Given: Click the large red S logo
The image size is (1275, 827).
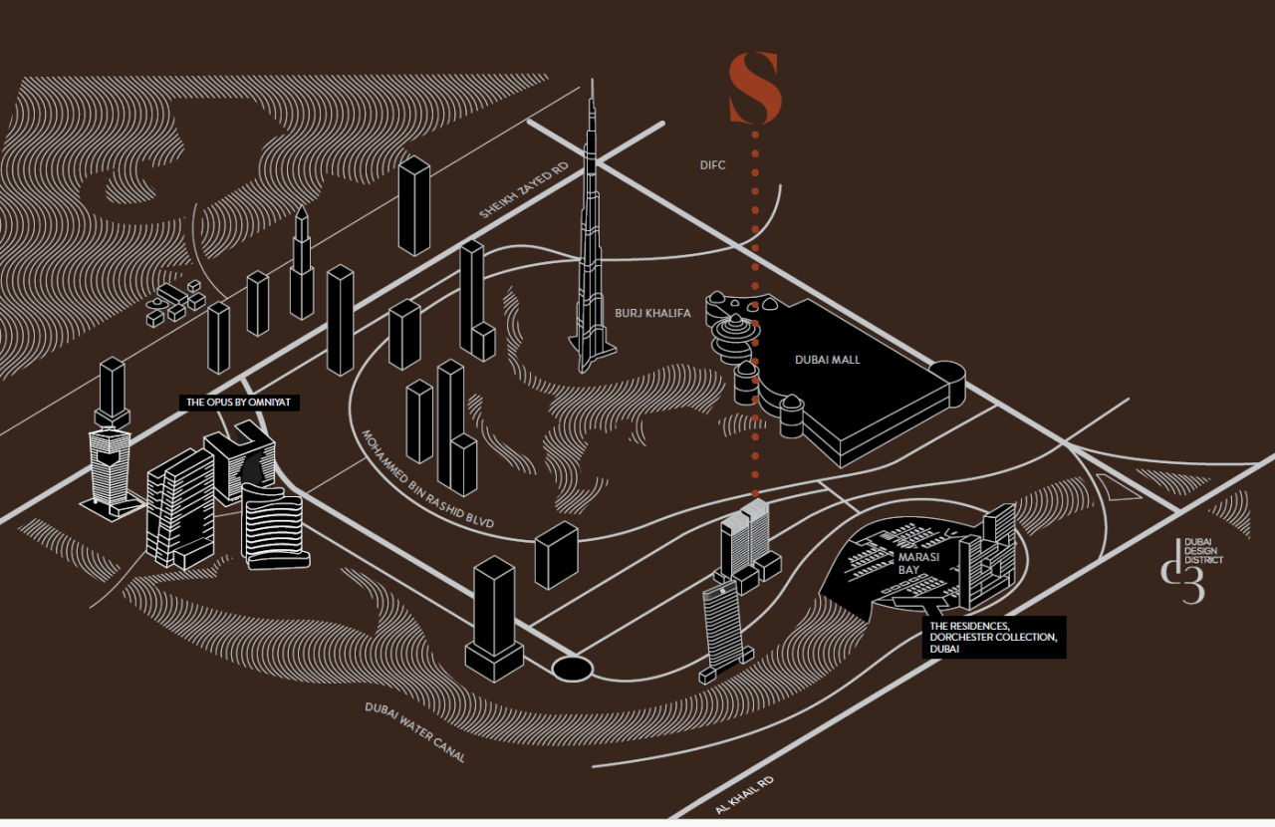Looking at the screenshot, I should click(755, 90).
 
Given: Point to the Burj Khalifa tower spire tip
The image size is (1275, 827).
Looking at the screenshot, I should click(592, 82).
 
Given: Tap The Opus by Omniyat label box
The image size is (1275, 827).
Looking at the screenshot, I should click(240, 403).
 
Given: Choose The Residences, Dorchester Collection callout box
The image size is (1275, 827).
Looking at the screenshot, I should click(993, 637).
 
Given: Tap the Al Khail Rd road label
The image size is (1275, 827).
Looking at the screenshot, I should click(744, 793).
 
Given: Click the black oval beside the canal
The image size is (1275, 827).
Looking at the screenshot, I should click(572, 668).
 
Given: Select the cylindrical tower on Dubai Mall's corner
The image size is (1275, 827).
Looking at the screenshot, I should click(948, 384).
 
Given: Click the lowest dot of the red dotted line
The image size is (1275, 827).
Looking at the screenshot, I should click(755, 494).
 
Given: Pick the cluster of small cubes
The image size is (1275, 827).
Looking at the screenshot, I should click(175, 301).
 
